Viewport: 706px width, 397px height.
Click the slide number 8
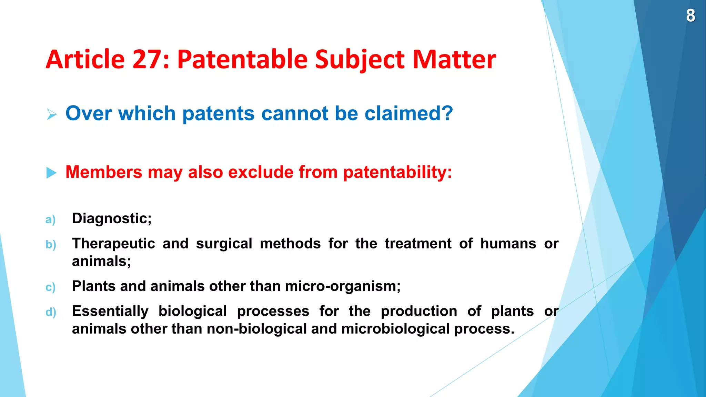tap(690, 16)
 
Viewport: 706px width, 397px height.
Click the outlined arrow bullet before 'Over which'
tap(52, 114)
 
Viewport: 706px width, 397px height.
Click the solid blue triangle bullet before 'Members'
tap(51, 173)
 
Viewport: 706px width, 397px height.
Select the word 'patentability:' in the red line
tap(397, 172)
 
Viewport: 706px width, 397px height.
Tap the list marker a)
tap(50, 220)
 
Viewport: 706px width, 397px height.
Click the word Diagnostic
tap(110, 218)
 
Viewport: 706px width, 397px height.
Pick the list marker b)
tap(51, 245)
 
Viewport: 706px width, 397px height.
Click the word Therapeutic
tap(113, 244)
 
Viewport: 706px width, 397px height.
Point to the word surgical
tap(224, 244)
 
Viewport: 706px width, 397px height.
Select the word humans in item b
tap(508, 243)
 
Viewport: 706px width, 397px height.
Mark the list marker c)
tap(50, 287)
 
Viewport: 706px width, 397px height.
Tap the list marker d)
tap(51, 312)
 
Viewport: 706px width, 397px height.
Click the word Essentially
tap(110, 311)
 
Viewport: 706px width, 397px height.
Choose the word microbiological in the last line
tap(395, 329)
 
